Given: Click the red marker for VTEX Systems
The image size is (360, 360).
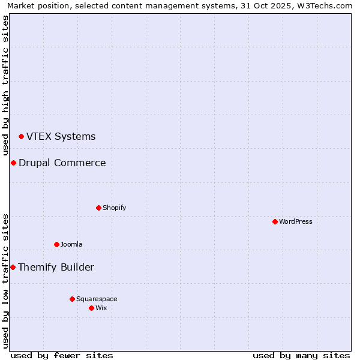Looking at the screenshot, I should (21, 137).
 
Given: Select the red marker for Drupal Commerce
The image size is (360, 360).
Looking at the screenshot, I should (13, 163).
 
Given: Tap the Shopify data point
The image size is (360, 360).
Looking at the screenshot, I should (98, 208).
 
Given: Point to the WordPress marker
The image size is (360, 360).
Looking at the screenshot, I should (275, 222).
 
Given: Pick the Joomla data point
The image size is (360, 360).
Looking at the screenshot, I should (56, 245).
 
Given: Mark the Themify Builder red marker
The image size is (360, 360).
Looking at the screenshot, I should (13, 268).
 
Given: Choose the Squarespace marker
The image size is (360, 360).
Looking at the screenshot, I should (72, 299).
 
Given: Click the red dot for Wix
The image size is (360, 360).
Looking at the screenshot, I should (91, 308).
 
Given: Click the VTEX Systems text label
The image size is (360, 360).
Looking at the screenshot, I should (61, 137).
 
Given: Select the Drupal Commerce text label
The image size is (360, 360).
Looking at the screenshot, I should (62, 163).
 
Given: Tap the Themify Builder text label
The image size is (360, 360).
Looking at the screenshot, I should (56, 268).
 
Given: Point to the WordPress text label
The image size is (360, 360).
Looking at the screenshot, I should (296, 222).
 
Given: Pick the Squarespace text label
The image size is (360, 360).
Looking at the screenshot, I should (97, 299).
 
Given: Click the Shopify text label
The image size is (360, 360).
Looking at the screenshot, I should (114, 208).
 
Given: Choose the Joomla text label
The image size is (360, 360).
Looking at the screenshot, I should (71, 245).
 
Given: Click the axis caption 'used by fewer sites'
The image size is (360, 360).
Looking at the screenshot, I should (62, 356).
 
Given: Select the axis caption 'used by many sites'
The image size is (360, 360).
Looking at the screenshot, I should (301, 356).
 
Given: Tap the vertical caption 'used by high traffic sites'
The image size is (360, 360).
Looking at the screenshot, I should (6, 85).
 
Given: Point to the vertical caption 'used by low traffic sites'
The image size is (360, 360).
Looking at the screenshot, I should (6, 281).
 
